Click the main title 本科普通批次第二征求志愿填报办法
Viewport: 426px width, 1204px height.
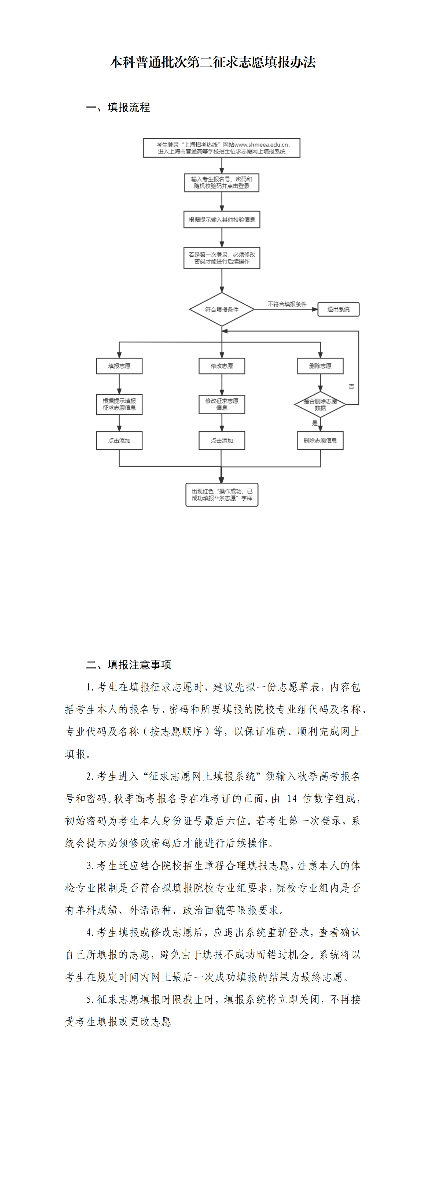[213, 62]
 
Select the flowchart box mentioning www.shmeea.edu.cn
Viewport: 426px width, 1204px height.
[222, 148]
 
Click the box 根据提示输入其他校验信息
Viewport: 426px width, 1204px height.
[222, 220]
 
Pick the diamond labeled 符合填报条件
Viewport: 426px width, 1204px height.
[222, 309]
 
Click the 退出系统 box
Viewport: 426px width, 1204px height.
[339, 309]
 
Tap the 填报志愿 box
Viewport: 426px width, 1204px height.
[119, 366]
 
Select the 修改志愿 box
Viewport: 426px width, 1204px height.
[222, 366]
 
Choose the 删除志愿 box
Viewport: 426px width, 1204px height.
[320, 366]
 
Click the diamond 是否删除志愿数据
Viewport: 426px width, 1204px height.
[320, 404]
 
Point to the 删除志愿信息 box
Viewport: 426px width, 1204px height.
[320, 441]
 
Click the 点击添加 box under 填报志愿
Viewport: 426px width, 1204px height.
[119, 441]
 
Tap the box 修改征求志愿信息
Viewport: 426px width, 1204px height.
[222, 404]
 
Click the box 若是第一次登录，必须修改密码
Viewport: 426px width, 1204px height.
[222, 258]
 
